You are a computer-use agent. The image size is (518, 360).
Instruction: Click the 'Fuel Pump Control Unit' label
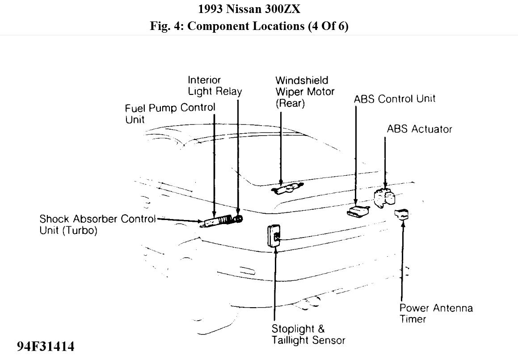click(x=169, y=114)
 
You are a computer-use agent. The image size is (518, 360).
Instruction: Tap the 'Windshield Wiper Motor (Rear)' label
click(x=304, y=92)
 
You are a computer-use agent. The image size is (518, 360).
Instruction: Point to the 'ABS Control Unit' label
click(x=394, y=99)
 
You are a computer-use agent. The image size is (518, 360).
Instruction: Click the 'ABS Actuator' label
click(x=419, y=129)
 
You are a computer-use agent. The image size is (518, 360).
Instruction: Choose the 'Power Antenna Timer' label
click(x=436, y=313)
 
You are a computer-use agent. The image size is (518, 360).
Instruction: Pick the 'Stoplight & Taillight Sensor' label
click(x=308, y=335)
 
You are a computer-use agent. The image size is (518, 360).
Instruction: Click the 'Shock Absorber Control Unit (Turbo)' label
click(x=97, y=225)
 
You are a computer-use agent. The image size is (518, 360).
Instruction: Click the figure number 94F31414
click(x=46, y=347)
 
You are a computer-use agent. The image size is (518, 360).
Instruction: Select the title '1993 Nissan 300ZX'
click(x=259, y=9)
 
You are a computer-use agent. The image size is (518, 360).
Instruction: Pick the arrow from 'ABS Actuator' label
click(x=385, y=161)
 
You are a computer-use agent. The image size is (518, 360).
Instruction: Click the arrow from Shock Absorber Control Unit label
click(x=179, y=220)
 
